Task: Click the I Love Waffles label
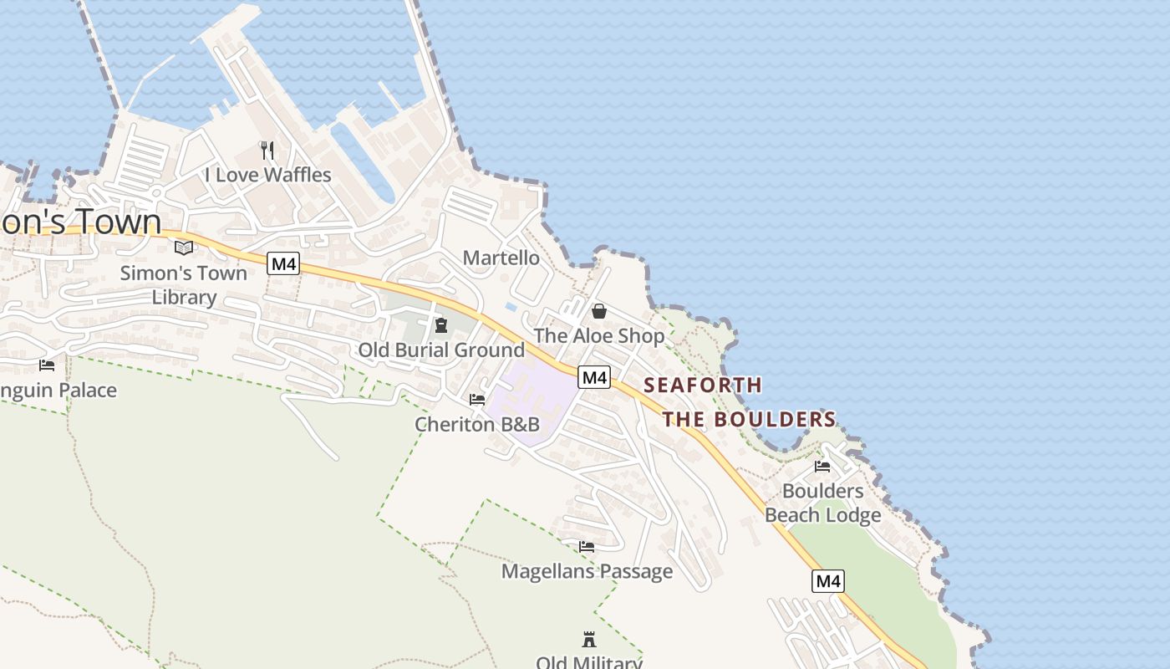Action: coord(267,175)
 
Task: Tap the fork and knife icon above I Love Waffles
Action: coord(267,151)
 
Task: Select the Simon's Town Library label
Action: coord(184,284)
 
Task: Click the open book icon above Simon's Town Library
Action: coord(184,248)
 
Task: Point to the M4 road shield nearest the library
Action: coord(284,264)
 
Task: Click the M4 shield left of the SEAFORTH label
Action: coord(594,377)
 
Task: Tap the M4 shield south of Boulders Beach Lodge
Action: coord(827,581)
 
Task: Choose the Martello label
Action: coord(501,258)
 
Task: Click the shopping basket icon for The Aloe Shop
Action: coord(599,312)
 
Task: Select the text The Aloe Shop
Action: coord(599,336)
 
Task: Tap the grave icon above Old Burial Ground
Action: coord(441,325)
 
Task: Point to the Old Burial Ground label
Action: coord(441,350)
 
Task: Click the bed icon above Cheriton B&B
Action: coord(477,400)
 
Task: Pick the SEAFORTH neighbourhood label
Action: coord(703,386)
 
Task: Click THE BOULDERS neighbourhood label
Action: coord(750,419)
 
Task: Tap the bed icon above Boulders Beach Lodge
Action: coord(822,467)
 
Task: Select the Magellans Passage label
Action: coord(587,571)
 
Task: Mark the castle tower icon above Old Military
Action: coord(589,640)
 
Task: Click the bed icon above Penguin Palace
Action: coord(47,365)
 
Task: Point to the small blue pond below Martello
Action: coord(511,307)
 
